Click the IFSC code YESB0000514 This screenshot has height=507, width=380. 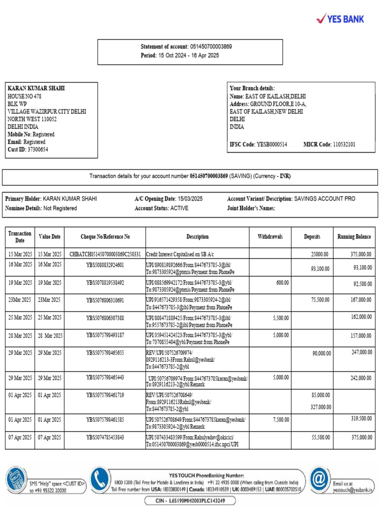point(272,145)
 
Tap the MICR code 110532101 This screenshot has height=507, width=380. point(343,145)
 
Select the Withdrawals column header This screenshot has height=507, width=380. point(270,237)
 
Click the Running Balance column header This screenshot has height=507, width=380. point(354,237)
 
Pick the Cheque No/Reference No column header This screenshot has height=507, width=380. point(105,237)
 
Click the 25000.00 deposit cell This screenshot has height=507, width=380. point(319,254)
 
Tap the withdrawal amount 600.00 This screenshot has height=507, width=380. point(283,282)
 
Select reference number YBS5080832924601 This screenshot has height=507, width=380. point(105,265)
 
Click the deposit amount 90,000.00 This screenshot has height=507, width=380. point(321,354)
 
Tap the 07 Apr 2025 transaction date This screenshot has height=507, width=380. point(20,437)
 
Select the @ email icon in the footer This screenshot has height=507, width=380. point(320,479)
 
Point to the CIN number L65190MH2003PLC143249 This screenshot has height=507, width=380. point(196,501)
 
